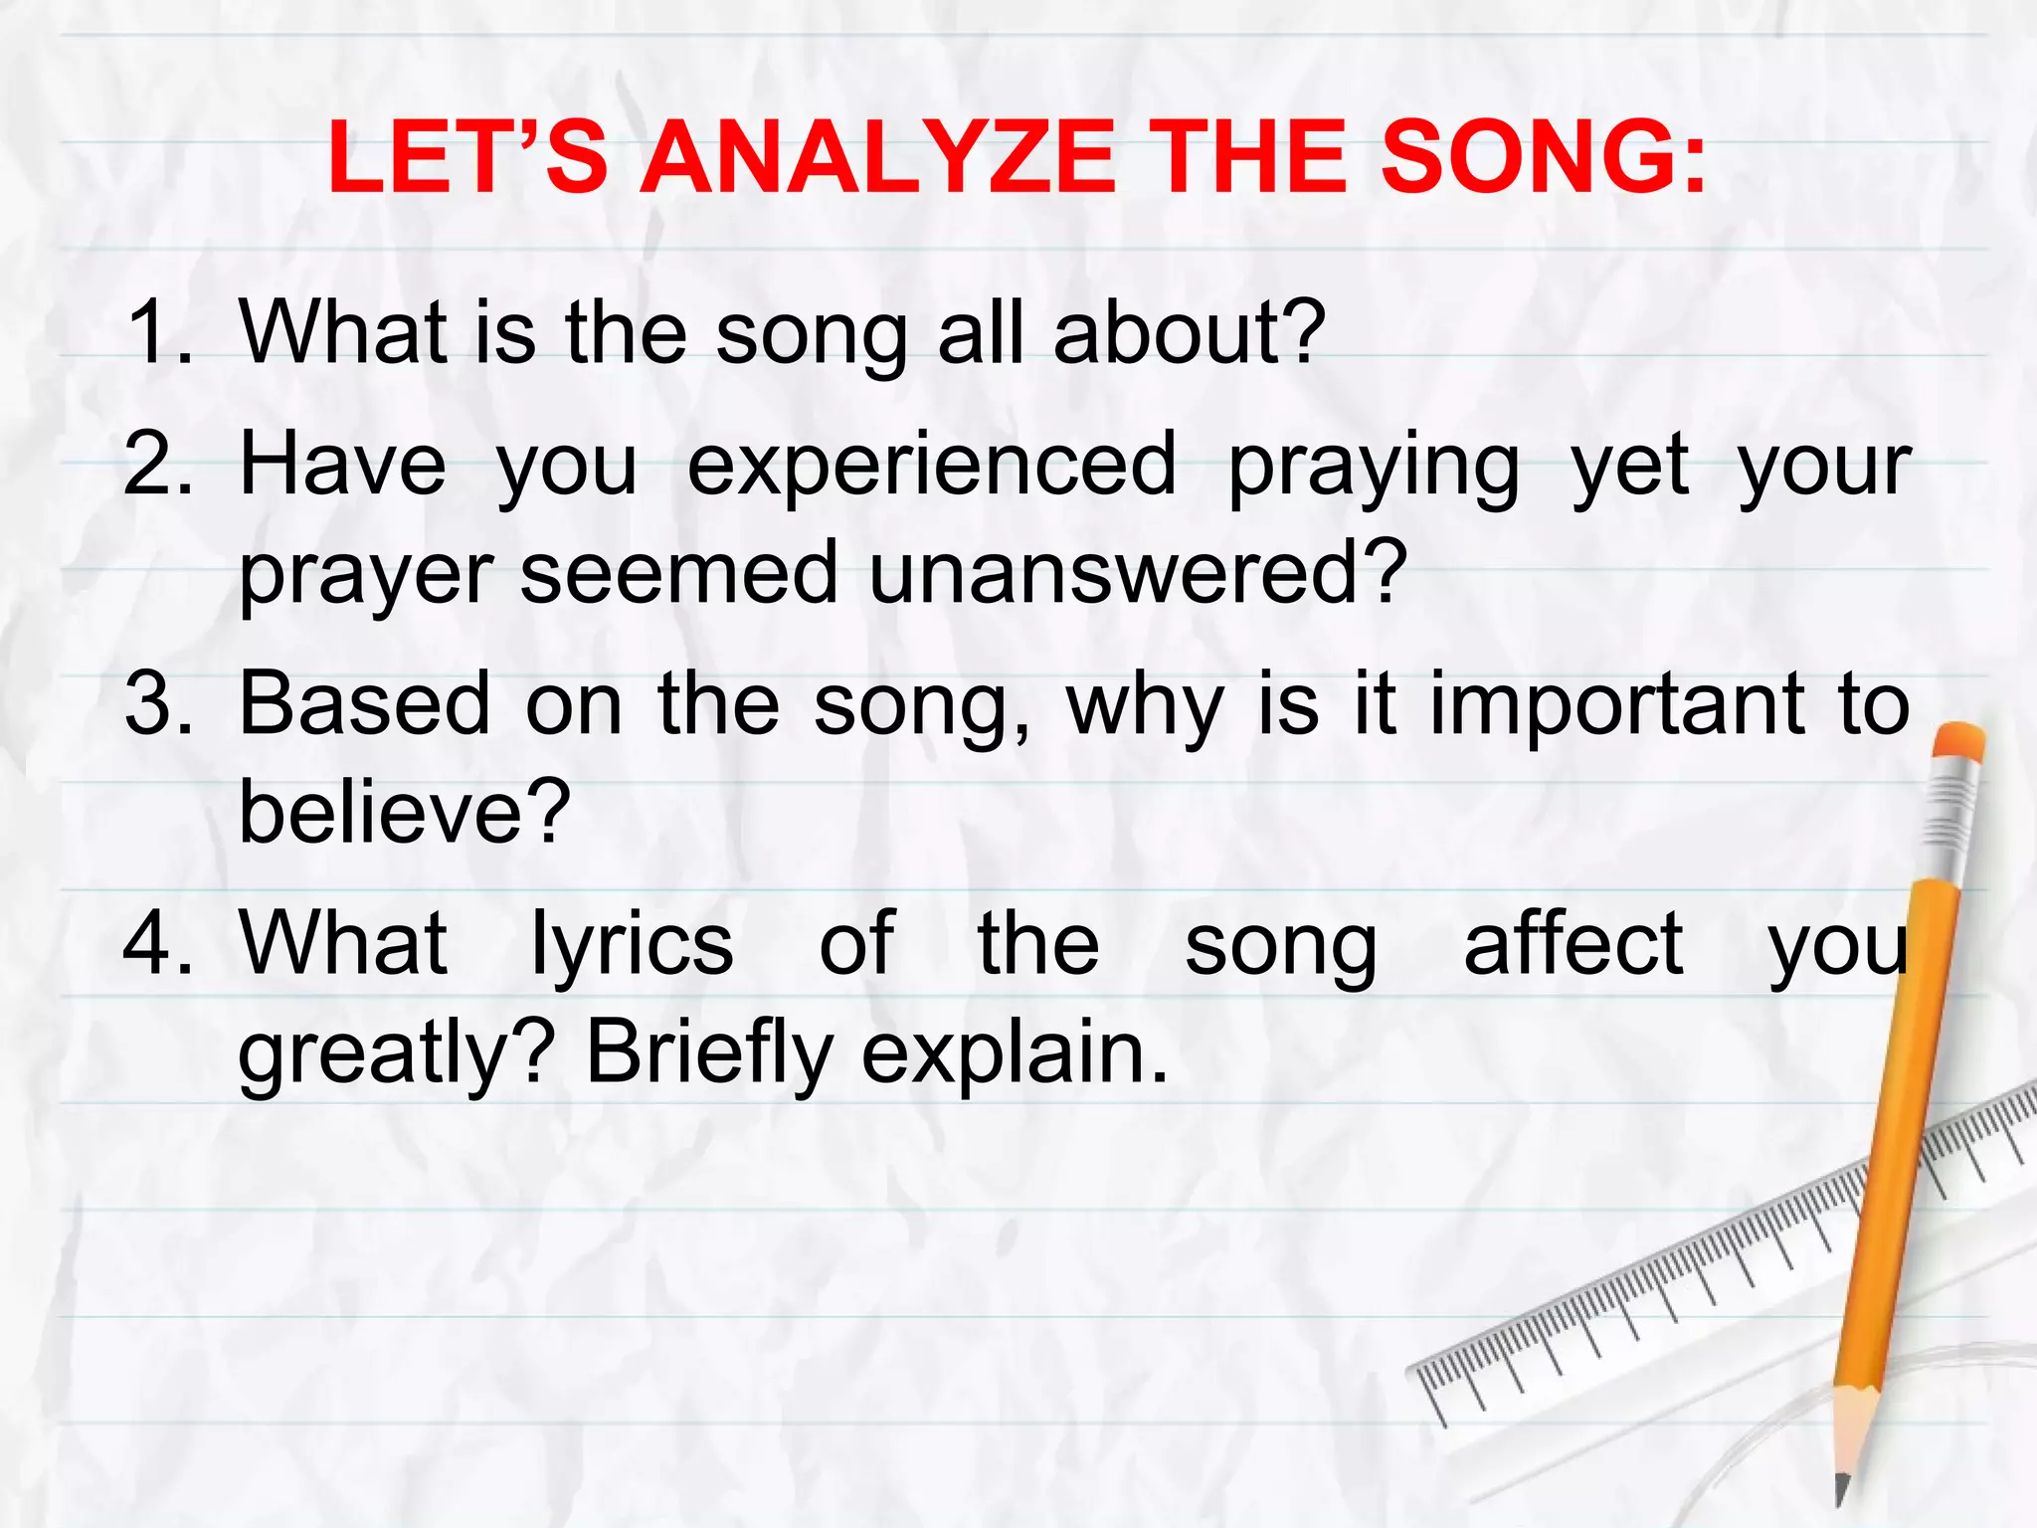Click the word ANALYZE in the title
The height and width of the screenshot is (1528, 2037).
click(x=878, y=159)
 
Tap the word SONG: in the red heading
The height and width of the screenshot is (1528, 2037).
click(x=1543, y=159)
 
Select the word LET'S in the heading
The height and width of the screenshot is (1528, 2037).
click(x=466, y=159)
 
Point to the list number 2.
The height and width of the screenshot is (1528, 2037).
click(x=157, y=465)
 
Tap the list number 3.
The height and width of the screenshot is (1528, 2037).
click(x=157, y=704)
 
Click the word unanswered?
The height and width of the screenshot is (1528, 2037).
click(x=1138, y=574)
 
